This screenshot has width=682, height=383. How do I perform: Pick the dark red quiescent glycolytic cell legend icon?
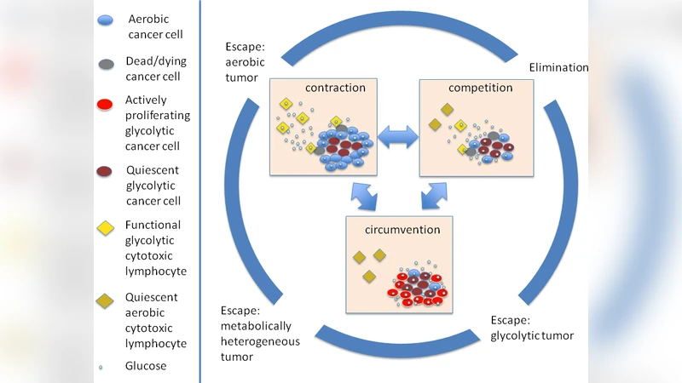[x=106, y=169]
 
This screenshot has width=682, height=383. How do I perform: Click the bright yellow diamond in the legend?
[x=105, y=228]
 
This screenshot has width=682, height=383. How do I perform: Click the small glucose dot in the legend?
[x=102, y=368]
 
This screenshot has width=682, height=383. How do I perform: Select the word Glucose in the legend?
[x=146, y=366]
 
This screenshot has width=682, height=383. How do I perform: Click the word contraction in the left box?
[x=335, y=88]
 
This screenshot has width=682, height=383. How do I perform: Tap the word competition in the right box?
[x=480, y=88]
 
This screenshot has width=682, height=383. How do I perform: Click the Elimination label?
[x=558, y=67]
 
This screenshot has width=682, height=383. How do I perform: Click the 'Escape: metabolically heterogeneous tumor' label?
[x=256, y=334]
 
